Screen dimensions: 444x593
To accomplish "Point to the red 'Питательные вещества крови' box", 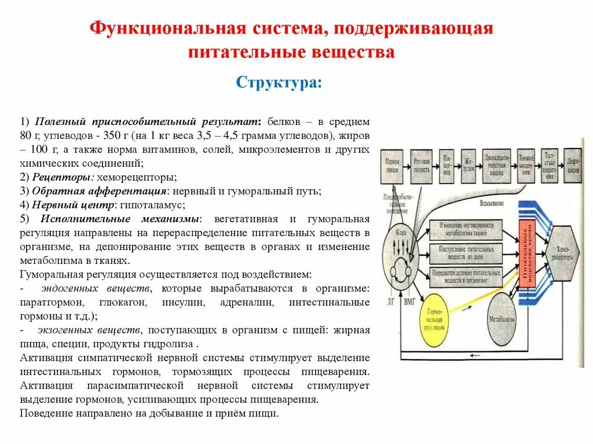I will click(527, 254).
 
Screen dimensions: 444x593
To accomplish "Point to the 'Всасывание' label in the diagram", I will click(492, 204).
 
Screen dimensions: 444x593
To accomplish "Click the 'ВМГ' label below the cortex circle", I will click(411, 301).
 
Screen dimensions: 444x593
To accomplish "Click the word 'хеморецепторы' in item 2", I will click(137, 177).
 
